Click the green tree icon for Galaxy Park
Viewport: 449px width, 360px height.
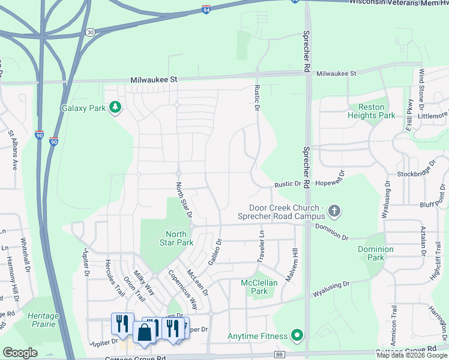point(115,108)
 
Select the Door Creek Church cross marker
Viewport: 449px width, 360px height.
point(334,211)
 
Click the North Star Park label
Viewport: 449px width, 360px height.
point(176,239)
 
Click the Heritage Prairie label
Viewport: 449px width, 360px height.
point(43,320)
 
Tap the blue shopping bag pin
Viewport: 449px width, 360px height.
point(145,333)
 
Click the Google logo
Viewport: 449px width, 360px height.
point(20,353)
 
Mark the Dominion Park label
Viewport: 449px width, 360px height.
point(375,253)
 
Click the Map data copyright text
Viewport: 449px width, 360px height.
point(412,355)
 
